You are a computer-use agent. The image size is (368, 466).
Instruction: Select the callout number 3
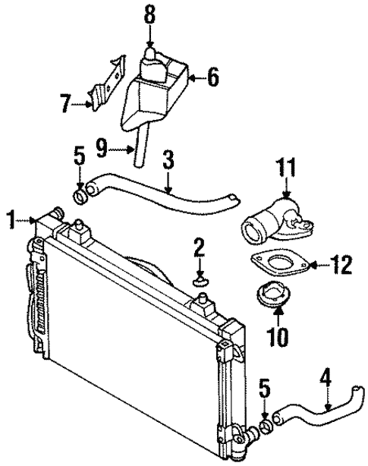(168, 159)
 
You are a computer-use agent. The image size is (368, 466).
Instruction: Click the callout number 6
(213, 76)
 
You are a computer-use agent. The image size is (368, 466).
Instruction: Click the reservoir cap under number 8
(152, 58)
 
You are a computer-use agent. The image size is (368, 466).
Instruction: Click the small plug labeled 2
(201, 282)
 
